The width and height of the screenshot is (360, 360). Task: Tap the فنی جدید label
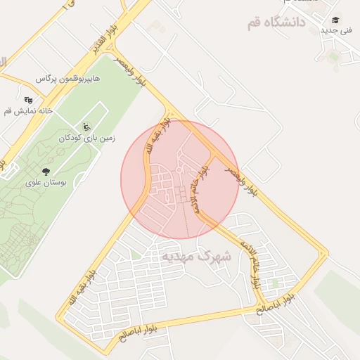coord(336,31)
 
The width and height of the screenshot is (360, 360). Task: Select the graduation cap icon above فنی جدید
coord(336,20)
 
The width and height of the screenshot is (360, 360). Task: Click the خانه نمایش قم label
coord(19,111)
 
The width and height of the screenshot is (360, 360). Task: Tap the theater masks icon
coord(28,100)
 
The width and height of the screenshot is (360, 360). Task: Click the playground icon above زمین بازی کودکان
coord(86,127)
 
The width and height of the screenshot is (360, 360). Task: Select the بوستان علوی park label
coord(45,182)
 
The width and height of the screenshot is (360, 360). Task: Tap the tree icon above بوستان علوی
coord(46,171)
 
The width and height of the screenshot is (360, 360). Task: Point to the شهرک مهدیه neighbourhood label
coord(196,256)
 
